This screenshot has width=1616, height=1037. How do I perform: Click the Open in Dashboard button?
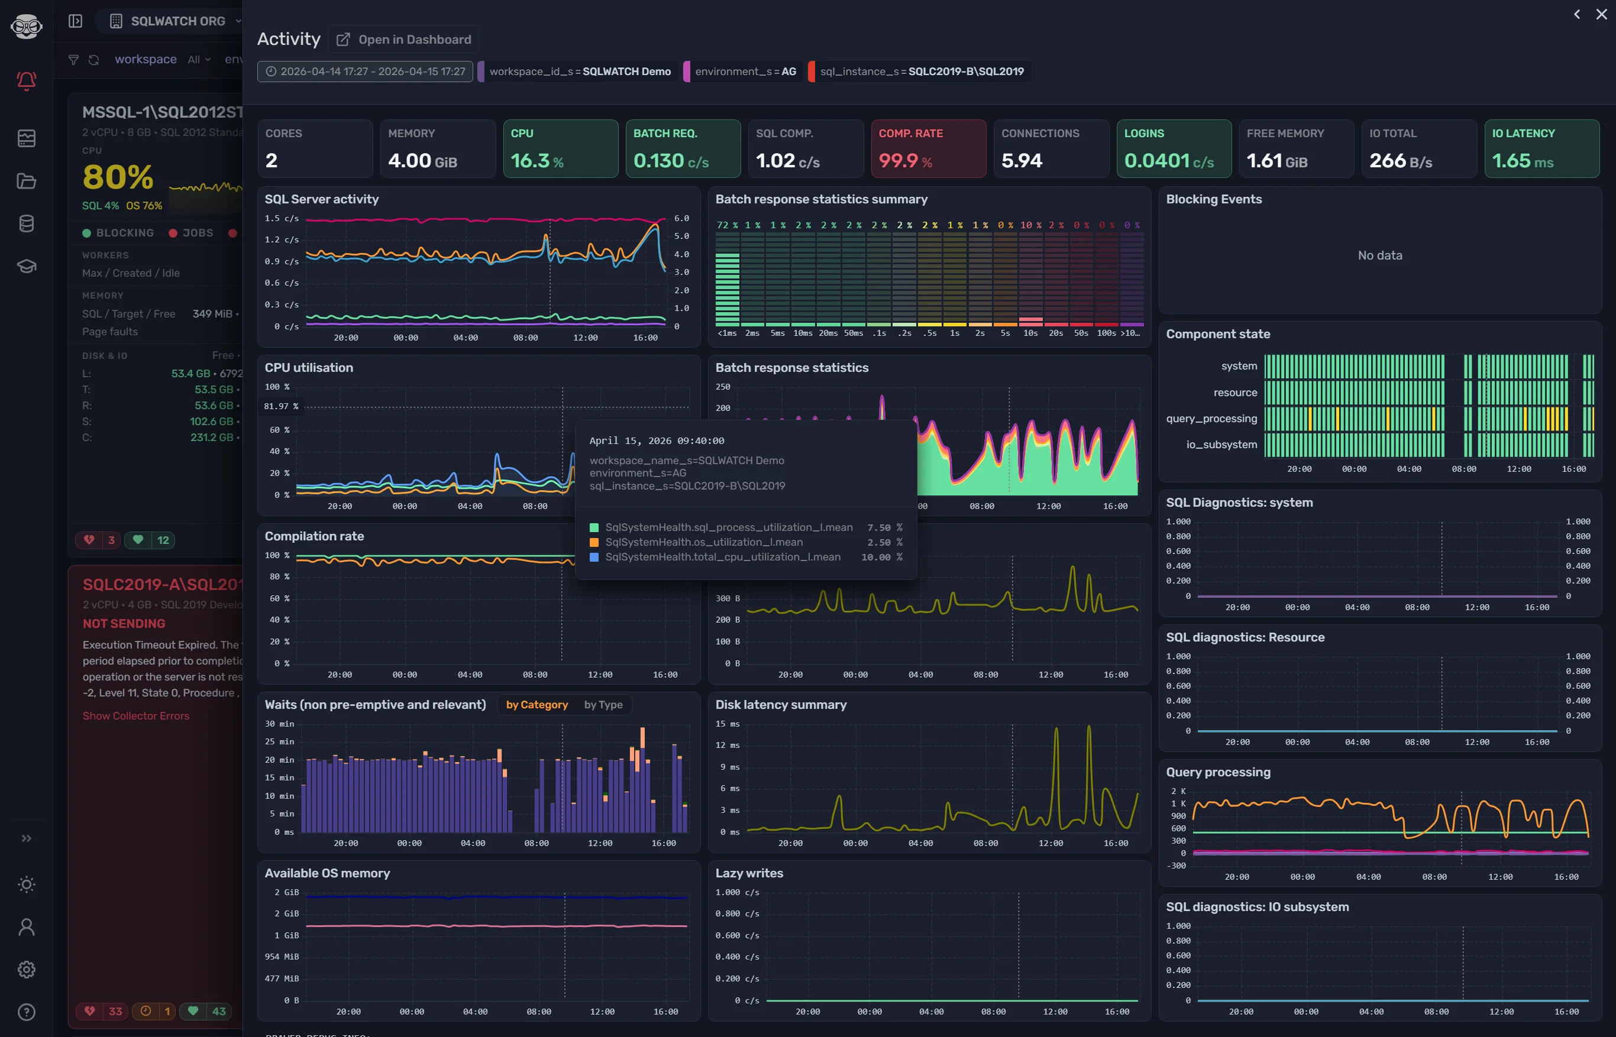403,39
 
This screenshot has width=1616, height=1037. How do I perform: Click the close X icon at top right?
1601,14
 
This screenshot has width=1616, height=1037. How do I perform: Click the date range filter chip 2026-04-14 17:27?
365,72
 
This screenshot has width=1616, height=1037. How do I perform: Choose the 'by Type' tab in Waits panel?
603,704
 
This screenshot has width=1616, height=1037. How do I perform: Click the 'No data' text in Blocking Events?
1379,255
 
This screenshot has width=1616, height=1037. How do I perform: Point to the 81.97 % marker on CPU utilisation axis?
281,406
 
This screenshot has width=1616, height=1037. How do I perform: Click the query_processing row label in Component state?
1211,418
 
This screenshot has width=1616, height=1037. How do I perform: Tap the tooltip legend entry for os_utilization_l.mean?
703,542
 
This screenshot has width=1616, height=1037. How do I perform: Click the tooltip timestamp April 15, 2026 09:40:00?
656,440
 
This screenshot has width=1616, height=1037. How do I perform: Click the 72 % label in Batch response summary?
727,225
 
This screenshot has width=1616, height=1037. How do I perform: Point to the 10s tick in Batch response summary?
1030,333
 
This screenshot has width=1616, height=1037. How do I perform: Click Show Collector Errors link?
136,716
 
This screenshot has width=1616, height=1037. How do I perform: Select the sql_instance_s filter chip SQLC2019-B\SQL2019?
921,72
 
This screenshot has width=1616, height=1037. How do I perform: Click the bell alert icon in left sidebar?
26,81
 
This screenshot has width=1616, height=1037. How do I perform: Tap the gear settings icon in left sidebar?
26,969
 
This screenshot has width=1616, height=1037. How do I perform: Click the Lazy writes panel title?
748,873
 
